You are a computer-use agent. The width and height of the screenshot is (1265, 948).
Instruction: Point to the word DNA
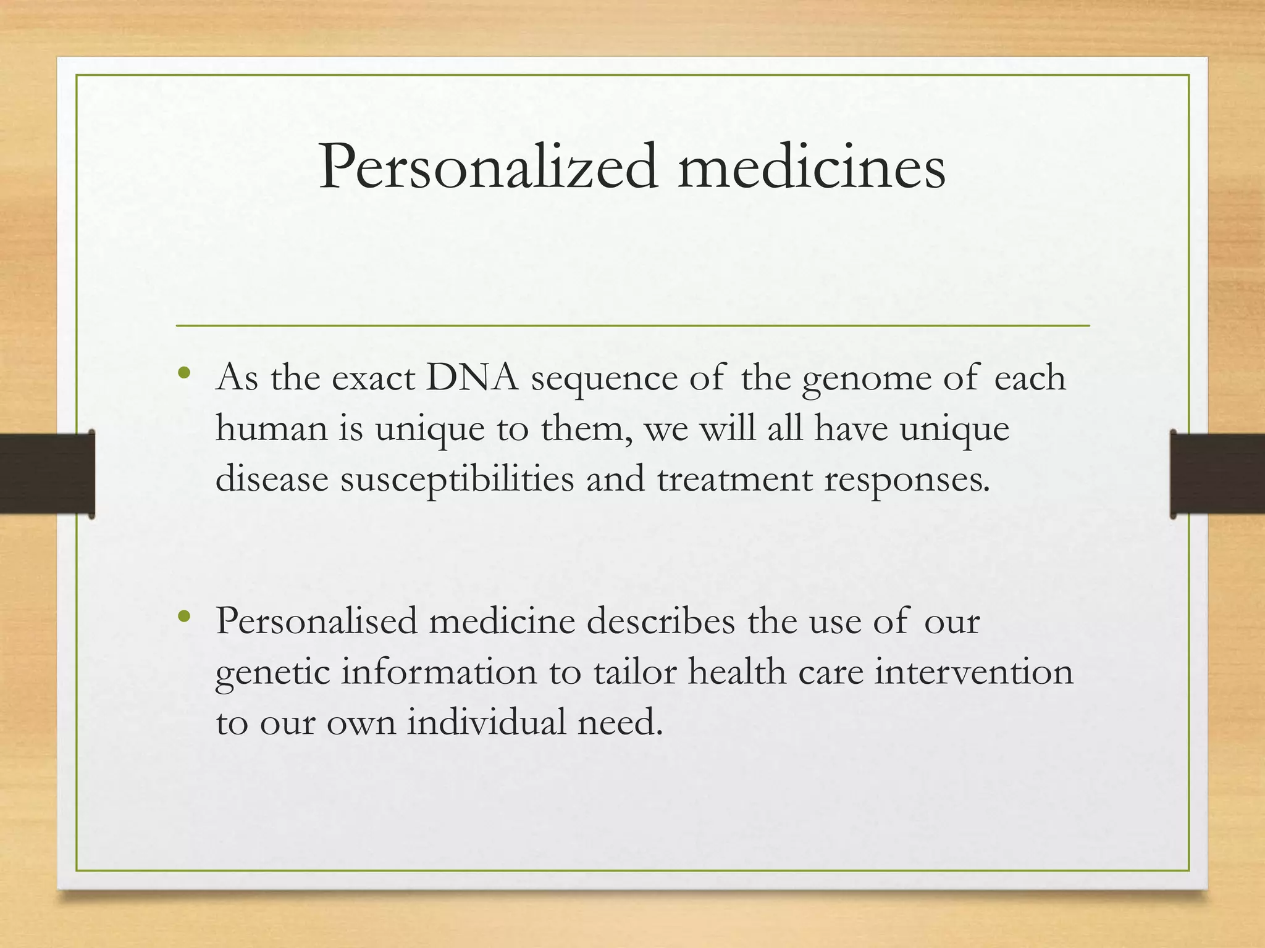coord(472,378)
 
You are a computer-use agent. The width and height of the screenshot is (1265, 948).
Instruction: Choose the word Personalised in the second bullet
coord(317,621)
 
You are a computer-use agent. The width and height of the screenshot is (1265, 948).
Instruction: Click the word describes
coord(661,621)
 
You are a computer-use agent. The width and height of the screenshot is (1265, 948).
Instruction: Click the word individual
coord(486,722)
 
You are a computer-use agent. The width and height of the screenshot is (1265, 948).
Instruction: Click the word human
coord(271,428)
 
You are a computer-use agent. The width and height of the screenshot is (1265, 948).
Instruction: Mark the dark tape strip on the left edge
coord(47,474)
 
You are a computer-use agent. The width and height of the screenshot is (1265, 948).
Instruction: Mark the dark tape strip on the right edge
coord(1217,474)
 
